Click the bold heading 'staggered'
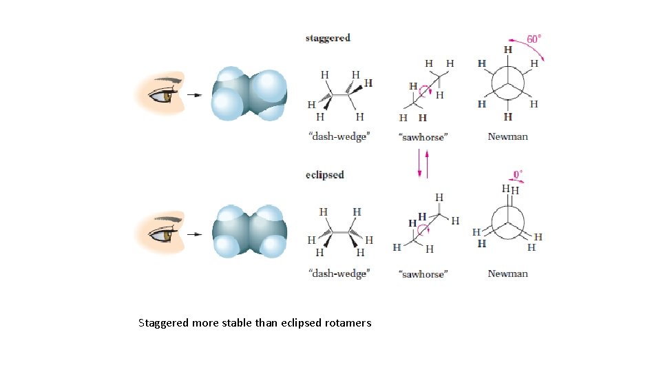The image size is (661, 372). point(328,38)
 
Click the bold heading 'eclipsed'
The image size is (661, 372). point(324,175)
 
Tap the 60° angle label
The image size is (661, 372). point(534,39)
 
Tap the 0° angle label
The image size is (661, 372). point(518,174)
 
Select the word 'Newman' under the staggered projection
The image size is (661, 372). point(507,136)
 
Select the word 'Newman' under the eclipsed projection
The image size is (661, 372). point(507,273)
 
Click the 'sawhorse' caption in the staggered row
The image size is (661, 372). point(423,137)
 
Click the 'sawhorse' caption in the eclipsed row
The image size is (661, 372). point(423,274)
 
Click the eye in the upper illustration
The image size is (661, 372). point(167,96)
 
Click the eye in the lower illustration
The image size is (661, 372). point(167,234)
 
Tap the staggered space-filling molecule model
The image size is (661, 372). point(248,94)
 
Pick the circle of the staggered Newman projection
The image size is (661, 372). point(507,85)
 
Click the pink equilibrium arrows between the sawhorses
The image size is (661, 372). point(423,164)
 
